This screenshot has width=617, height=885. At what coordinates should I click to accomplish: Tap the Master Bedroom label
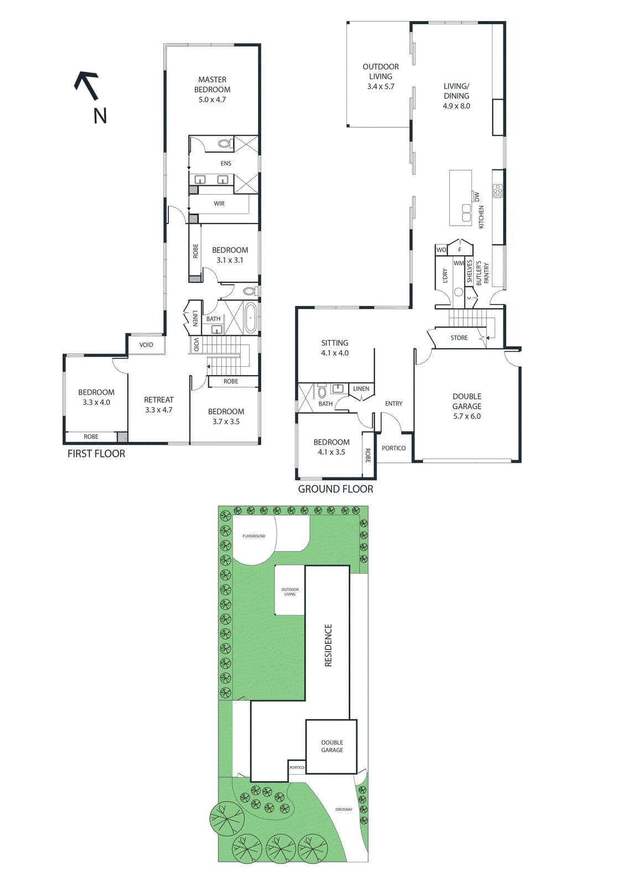pos(212,90)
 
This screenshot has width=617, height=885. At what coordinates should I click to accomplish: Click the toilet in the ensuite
pos(224,144)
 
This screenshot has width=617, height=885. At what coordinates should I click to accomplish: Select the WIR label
pos(219,204)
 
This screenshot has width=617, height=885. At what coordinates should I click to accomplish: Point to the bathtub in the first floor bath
pos(251,317)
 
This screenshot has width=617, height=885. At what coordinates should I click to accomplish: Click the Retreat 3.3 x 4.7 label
pos(159,405)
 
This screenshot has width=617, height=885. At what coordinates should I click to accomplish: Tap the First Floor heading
pos(96,454)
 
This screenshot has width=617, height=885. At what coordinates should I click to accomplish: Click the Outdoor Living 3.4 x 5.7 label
pos(381,76)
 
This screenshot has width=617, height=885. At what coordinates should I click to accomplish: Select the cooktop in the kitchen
pos(497,191)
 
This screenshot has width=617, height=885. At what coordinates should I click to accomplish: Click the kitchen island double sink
pos(466,212)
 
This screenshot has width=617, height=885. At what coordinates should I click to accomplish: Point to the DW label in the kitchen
pos(477,196)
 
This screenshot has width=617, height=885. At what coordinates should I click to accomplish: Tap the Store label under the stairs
pos(459,338)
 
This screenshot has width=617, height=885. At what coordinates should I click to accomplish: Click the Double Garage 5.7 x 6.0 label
pos(467,406)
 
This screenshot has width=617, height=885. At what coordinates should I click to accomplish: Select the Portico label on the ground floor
pos(393,448)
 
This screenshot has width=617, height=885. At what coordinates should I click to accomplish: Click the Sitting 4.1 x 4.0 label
pos(335,348)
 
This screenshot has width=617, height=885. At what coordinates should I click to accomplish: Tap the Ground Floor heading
pos(335,489)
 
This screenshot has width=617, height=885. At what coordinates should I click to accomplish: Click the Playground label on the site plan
pos(253,536)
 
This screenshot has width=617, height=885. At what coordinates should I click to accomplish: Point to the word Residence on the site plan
pos(328,645)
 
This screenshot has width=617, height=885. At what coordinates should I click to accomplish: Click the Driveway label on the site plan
pos(344,809)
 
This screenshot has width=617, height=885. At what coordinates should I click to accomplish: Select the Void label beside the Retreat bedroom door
pos(146,345)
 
